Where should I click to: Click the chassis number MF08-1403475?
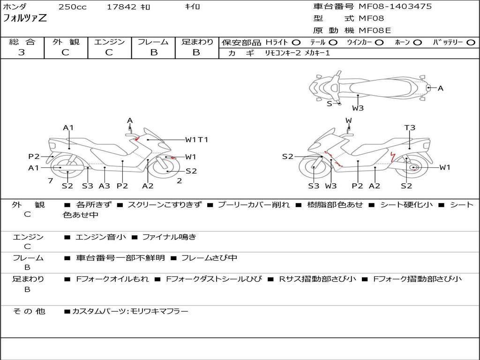(x=395, y=7)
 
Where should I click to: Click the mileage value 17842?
(x=121, y=7)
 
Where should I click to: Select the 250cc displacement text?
(x=72, y=7)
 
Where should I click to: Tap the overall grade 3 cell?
(x=22, y=52)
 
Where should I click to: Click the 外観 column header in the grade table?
(x=66, y=42)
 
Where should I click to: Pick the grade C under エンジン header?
(x=109, y=52)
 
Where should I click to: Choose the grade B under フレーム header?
(x=153, y=52)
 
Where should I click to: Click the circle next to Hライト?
(x=296, y=43)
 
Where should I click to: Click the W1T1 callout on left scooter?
(x=196, y=139)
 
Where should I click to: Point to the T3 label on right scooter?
(x=410, y=127)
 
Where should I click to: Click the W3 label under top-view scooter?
(x=358, y=108)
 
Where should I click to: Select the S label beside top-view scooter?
(x=329, y=104)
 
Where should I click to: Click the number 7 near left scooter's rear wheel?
(x=50, y=180)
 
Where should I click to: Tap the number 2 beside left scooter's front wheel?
(x=179, y=180)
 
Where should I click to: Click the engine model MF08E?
(x=375, y=31)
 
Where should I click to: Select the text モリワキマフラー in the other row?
(x=159, y=311)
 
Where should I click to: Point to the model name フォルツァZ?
(x=25, y=19)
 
